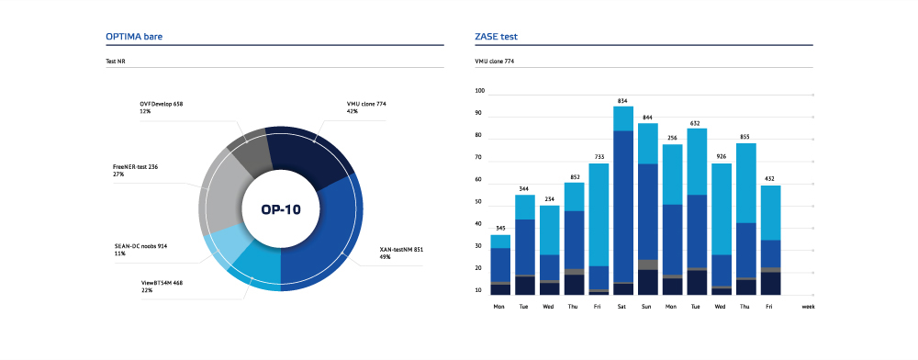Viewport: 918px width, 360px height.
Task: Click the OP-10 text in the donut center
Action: [x=281, y=209]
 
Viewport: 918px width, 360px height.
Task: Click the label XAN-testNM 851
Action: [x=401, y=250]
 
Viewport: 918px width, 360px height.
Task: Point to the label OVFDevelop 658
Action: [x=162, y=104]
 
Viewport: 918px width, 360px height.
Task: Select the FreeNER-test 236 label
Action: [x=135, y=167]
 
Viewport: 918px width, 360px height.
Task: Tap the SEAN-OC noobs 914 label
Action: [x=141, y=246]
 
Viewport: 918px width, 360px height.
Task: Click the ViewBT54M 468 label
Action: [x=162, y=282]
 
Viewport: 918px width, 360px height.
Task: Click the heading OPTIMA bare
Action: [x=134, y=37]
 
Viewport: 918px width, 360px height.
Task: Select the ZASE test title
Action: [x=496, y=37]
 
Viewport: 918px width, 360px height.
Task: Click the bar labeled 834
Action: [x=623, y=201]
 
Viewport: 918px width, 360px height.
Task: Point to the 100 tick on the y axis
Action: [x=480, y=91]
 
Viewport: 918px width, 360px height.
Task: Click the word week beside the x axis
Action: [x=808, y=306]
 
